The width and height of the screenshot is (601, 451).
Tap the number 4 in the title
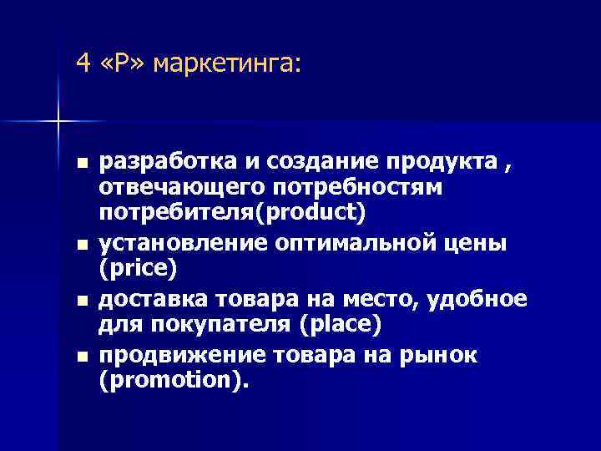(81, 63)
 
